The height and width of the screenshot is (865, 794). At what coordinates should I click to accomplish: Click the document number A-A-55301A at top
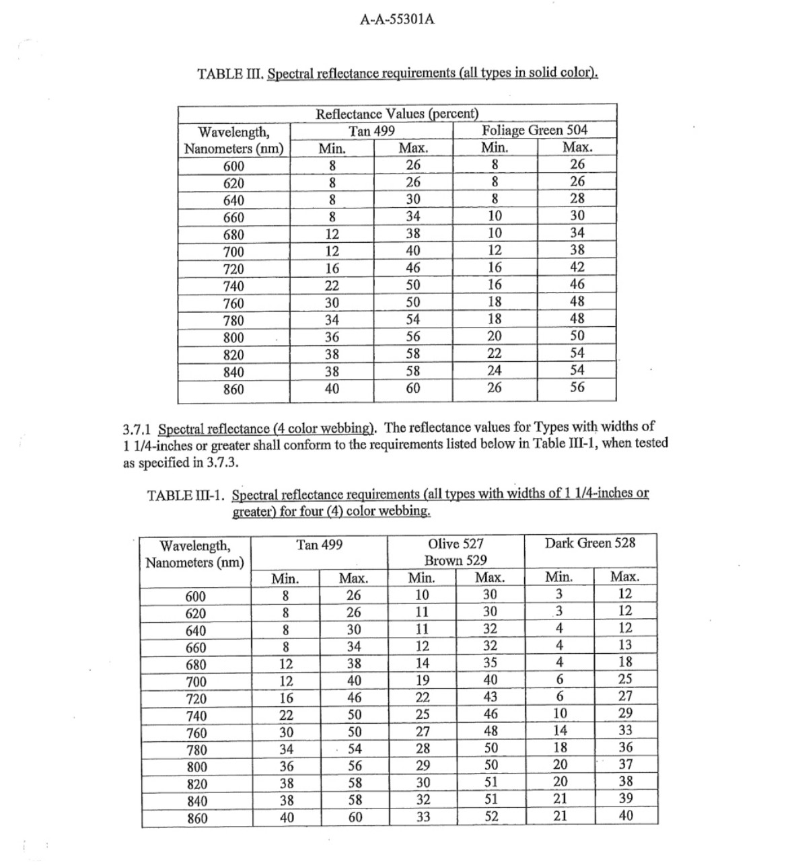point(397,20)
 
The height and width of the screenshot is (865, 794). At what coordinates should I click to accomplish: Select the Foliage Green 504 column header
point(535,130)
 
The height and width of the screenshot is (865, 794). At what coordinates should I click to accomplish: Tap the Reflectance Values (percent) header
point(397,114)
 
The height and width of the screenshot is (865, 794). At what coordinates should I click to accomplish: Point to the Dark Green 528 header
point(589,543)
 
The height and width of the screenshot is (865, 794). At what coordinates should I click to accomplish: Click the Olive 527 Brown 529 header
point(456,552)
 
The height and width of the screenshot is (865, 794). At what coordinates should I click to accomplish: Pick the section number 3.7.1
point(138,428)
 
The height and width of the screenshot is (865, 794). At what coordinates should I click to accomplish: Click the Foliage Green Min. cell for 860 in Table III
point(495,387)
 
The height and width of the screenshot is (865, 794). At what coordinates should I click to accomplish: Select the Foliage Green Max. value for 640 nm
point(577,198)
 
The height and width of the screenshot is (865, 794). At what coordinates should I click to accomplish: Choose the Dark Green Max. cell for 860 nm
point(625,816)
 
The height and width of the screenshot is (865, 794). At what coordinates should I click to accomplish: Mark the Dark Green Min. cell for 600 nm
point(559,594)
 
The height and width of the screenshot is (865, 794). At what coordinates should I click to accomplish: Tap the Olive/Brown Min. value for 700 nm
point(423,680)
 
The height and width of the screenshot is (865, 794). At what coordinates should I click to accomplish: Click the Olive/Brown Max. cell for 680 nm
point(491,663)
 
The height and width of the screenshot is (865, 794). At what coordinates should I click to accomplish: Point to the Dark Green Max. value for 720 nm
point(625,696)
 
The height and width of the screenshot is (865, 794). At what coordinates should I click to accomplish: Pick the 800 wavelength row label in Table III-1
point(196,767)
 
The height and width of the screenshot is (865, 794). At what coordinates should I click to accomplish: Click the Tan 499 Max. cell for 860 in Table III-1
point(354,817)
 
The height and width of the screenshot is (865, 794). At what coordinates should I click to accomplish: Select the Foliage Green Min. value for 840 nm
point(495,370)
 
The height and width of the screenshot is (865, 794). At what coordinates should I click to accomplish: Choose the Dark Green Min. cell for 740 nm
point(559,714)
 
